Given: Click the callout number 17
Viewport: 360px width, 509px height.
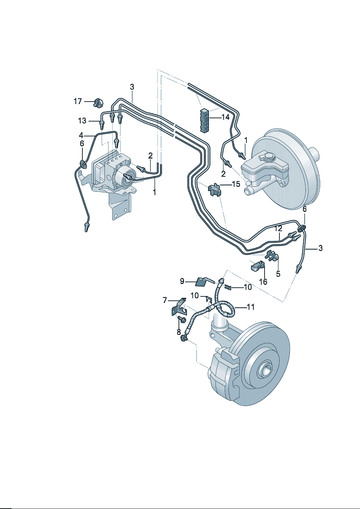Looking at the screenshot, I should click(78, 102).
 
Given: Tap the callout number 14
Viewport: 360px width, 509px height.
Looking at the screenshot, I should click(225, 117).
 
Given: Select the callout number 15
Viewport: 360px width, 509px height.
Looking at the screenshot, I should click(236, 184).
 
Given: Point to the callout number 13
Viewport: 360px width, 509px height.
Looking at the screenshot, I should click(82, 121).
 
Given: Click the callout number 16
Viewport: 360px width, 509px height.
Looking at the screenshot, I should click(263, 282).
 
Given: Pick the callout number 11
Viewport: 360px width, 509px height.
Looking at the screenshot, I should click(250, 307).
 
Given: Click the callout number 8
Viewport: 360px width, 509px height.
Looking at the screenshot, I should click(179, 332).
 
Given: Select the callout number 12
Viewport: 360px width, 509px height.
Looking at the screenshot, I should click(278, 229).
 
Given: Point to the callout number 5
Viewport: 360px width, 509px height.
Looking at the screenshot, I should click(278, 274).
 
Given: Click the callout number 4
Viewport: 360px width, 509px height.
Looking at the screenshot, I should click(81, 135).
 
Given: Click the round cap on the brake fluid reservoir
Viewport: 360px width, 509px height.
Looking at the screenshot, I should click(269, 157).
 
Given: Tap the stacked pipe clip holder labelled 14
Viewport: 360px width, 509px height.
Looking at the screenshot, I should click(205, 120).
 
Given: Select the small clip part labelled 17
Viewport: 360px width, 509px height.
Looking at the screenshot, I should click(97, 103).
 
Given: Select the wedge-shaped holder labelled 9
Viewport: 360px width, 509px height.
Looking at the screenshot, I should click(202, 281).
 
